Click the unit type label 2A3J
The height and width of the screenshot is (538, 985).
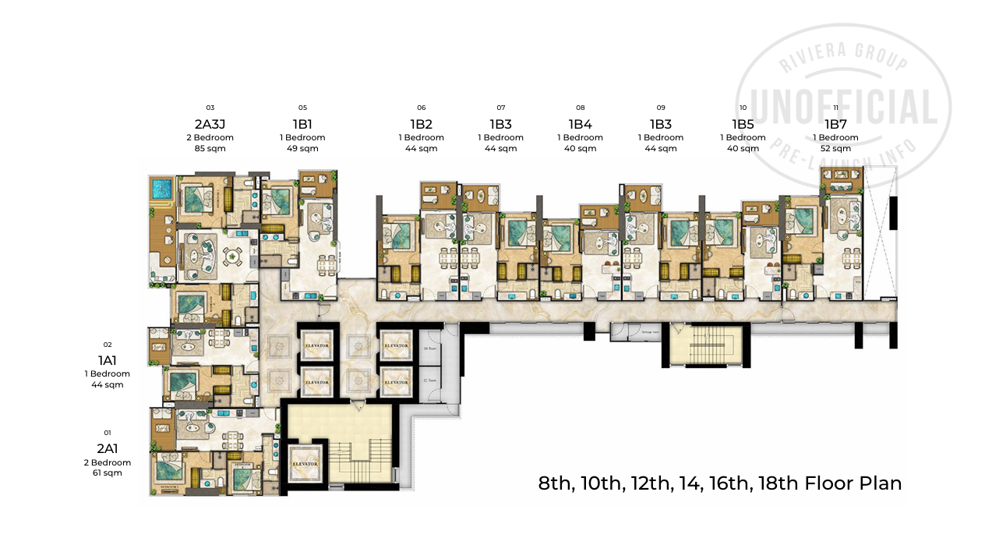(210, 123)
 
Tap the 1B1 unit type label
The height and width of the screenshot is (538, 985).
(302, 123)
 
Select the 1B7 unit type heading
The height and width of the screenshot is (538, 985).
(835, 123)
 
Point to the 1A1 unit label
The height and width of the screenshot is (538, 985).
(108, 360)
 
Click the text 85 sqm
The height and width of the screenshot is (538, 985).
(210, 148)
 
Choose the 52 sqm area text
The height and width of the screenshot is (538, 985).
(835, 148)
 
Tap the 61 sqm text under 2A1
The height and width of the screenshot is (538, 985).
(108, 473)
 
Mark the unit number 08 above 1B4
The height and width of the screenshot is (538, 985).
(581, 108)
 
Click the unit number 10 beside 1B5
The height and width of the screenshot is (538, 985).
(743, 108)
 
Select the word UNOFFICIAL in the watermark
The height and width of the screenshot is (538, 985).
(843, 107)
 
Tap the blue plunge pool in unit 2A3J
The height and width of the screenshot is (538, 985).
(162, 188)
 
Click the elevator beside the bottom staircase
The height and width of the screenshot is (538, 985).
(305, 463)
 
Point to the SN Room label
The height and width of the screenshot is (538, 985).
(428, 349)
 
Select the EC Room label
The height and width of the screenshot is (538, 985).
(428, 380)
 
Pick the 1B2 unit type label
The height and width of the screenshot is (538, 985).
(421, 123)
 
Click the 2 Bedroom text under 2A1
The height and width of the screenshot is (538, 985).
(108, 462)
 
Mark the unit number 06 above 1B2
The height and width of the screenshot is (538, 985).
(421, 108)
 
